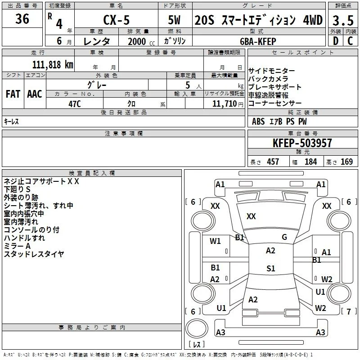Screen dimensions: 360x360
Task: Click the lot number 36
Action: [22, 19]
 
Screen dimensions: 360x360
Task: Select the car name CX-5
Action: [117, 20]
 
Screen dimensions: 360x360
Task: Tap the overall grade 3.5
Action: [343, 20]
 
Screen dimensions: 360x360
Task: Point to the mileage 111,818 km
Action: [53, 64]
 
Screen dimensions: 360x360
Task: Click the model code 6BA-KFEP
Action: [258, 41]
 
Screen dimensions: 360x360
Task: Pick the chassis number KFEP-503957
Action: [302, 143]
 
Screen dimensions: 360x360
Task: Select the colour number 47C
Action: [75, 104]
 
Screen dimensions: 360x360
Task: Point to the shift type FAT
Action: [13, 94]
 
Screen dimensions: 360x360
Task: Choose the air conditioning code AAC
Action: [35, 94]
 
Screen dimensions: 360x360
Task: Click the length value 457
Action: [273, 162]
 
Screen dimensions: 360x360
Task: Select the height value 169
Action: [346, 162]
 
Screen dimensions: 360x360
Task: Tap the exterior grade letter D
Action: [336, 41]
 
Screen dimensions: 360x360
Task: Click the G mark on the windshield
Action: [284, 237]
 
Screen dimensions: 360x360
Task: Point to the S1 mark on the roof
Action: [271, 268]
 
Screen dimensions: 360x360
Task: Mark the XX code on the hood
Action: [251, 216]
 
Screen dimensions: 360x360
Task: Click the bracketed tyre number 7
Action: [349, 311]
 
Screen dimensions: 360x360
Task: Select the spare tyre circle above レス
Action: [197, 328]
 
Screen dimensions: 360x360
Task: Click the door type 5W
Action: [174, 20]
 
